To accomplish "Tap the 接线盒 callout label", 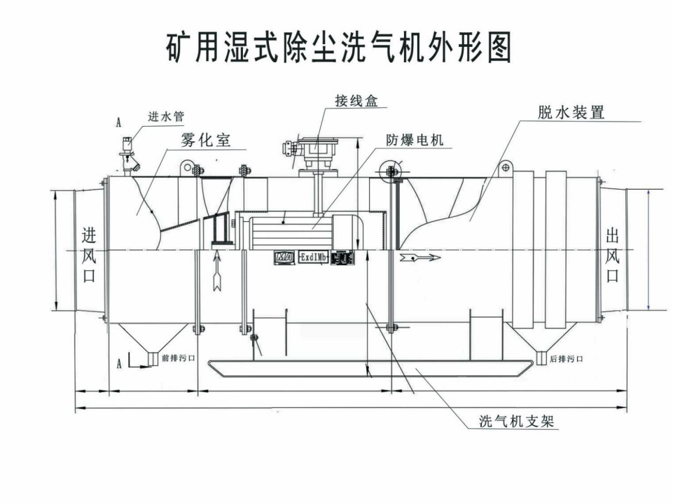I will (356, 101).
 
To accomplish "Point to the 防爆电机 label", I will (415, 139).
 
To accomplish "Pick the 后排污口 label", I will (566, 358).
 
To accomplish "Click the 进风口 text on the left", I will (88, 254).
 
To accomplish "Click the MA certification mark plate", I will (284, 258).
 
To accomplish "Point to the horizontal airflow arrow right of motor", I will (421, 258).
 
